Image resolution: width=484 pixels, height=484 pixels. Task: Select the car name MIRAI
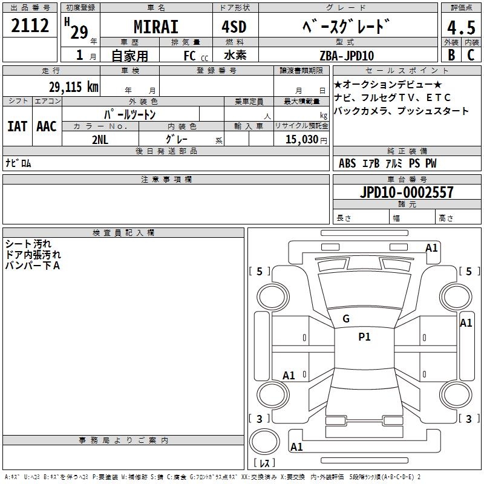click(x=155, y=27)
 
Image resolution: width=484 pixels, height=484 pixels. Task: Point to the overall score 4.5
click(x=460, y=28)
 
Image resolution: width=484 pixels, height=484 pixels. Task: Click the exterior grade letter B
click(x=451, y=55)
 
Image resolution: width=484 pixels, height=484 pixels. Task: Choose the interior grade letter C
click(x=471, y=55)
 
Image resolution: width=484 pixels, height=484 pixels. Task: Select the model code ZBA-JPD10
click(x=347, y=56)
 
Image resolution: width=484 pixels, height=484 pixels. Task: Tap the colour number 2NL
click(x=100, y=139)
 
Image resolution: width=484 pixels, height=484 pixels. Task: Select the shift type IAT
click(x=17, y=126)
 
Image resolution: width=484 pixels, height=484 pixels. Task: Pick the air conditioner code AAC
click(x=47, y=126)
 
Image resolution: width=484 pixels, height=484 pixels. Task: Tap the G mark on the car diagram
click(x=346, y=319)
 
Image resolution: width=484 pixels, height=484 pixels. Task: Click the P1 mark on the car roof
click(x=364, y=337)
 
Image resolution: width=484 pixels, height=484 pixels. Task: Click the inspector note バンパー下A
click(x=33, y=265)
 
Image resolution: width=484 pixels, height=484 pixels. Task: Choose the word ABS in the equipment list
click(x=347, y=163)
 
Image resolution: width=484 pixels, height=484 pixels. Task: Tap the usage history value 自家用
click(x=129, y=56)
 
